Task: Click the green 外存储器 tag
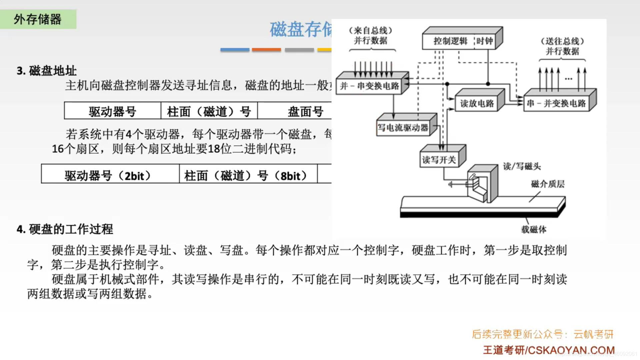pos(38,19)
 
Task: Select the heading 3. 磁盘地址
pos(47,71)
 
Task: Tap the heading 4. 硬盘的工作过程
pos(65,229)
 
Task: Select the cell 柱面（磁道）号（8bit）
pos(246,175)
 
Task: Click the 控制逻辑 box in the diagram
pos(450,41)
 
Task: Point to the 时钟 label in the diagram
pos(484,41)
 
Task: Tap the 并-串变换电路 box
pos(369,86)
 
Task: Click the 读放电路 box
pos(477,104)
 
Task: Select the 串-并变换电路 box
pos(556,104)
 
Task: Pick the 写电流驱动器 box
pos(403,128)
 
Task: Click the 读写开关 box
pos(439,160)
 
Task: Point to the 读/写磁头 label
pos(522,166)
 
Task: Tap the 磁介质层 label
pos(548,184)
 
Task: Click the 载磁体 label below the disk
pos(534,229)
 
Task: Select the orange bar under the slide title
pos(266,50)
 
